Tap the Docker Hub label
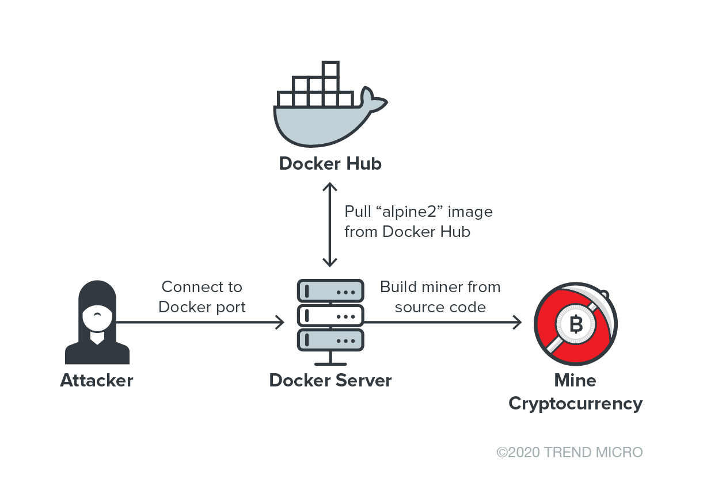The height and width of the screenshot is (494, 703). [330, 164]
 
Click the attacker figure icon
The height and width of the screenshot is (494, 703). [97, 322]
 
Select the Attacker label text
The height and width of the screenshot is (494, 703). [97, 380]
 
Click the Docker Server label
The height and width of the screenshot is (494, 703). [330, 380]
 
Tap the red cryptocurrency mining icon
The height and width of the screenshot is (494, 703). [575, 325]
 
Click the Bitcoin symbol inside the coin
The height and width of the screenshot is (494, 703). [576, 325]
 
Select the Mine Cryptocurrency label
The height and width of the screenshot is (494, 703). [575, 392]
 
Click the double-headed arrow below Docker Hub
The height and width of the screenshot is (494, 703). [330, 224]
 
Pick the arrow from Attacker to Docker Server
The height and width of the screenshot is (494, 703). [202, 322]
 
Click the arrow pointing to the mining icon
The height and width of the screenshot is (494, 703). [443, 322]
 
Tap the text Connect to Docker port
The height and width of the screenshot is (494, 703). [202, 297]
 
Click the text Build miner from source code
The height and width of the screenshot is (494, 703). [440, 297]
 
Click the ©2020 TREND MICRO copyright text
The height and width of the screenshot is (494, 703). [569, 453]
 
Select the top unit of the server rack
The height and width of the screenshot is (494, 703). [330, 291]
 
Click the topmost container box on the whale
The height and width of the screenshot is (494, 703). [330, 70]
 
